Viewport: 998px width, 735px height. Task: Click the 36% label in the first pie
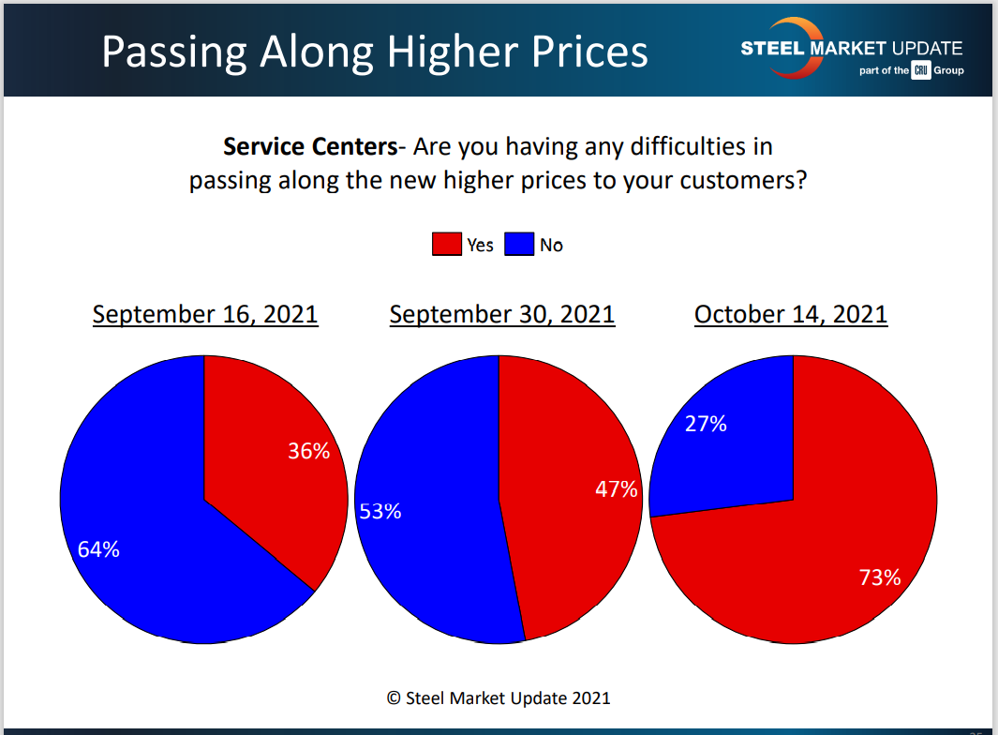[x=309, y=451]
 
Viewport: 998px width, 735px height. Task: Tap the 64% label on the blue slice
[x=98, y=550]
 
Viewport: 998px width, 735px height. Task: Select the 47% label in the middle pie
[x=617, y=488]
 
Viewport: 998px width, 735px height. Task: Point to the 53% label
[x=380, y=511]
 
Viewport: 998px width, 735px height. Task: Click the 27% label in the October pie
[x=706, y=424]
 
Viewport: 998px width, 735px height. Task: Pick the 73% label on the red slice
[x=880, y=577]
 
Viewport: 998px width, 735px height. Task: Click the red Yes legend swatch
[x=446, y=245]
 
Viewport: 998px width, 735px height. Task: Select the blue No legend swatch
[x=518, y=245]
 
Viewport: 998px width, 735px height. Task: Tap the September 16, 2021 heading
[x=205, y=314]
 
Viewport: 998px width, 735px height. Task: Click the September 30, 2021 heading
[x=502, y=314]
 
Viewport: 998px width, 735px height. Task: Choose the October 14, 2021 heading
[x=791, y=314]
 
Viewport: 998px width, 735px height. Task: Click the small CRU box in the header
[x=920, y=71]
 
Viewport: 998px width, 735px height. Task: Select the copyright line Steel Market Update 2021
[x=499, y=697]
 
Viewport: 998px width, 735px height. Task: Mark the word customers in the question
[x=734, y=180]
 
